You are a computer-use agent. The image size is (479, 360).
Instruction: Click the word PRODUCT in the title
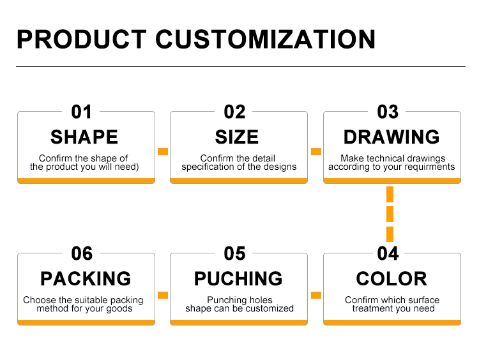(x=82, y=40)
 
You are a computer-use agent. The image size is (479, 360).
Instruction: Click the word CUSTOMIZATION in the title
(x=266, y=40)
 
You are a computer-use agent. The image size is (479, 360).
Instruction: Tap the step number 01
(x=81, y=112)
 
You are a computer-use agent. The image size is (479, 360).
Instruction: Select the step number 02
(x=234, y=112)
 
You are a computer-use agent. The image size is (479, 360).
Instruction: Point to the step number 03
(x=388, y=112)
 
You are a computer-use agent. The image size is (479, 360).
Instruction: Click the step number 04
(x=388, y=253)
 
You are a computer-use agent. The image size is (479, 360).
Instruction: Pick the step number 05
(x=234, y=253)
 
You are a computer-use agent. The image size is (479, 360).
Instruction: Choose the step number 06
(x=82, y=253)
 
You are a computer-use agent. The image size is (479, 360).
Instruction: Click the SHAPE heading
(x=84, y=137)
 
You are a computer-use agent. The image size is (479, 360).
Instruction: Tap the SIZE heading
(x=237, y=137)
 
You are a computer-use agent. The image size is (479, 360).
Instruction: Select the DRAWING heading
(x=392, y=137)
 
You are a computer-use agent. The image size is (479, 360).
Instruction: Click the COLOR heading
(x=392, y=278)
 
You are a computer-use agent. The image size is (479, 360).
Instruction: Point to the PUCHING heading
(x=238, y=278)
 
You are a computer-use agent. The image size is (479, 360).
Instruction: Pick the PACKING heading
(x=86, y=278)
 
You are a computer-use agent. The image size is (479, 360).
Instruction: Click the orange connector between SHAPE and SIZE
(x=163, y=151)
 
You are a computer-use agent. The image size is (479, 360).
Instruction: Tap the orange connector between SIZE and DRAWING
(x=316, y=151)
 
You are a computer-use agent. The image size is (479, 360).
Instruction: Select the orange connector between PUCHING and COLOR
(x=316, y=295)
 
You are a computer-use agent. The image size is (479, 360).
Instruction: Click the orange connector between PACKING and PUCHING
(x=163, y=295)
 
